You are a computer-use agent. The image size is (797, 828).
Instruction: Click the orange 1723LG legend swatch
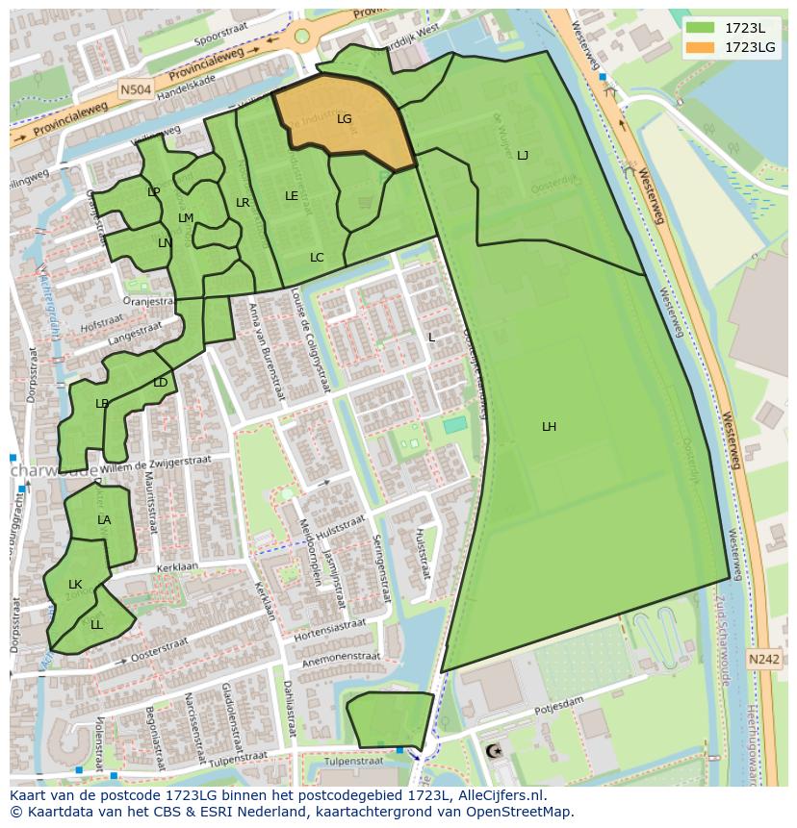point(702,47)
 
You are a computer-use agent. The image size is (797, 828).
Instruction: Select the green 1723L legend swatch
point(702,29)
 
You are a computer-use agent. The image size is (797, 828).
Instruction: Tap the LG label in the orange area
point(345,119)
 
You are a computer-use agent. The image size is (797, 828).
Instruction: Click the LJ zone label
point(523,155)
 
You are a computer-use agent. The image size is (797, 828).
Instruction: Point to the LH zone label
point(549,426)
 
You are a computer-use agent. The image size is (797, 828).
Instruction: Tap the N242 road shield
point(763,659)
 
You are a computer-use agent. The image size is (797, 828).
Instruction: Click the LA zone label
point(104,520)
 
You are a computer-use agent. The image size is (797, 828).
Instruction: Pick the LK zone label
point(75,584)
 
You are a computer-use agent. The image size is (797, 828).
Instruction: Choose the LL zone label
point(96,624)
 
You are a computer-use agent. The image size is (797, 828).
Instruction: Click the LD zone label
point(160,383)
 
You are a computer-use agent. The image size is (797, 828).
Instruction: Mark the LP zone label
point(153,191)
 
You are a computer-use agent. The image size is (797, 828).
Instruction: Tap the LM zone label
point(186,218)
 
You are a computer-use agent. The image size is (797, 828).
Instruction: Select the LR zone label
point(243,203)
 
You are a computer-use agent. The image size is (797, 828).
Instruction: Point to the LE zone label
point(291,195)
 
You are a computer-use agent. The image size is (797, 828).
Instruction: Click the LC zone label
point(317,257)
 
